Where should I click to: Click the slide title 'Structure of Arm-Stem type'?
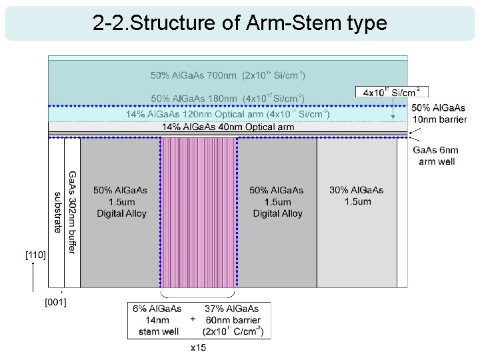pos(240,23)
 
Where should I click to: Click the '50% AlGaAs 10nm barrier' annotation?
pos(438,113)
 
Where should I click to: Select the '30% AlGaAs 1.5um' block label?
pos(357,196)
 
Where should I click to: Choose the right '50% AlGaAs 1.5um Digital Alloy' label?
pos(277,201)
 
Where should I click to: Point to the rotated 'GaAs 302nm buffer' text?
pos(72,212)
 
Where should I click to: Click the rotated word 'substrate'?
pos(57,212)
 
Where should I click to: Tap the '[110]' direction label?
pos(35,255)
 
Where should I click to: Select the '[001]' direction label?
pos(55,302)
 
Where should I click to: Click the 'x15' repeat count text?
pos(198,347)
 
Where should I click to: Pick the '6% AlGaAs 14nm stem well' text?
pos(158,320)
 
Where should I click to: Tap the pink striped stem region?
pos(199,212)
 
